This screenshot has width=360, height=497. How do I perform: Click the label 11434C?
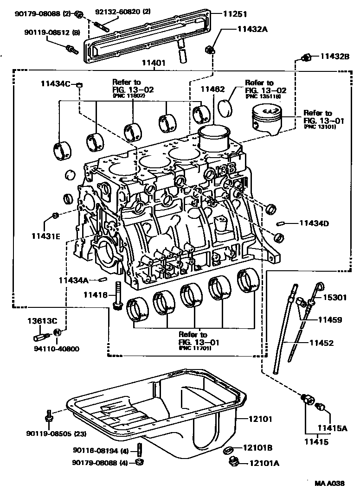[x=55, y=83]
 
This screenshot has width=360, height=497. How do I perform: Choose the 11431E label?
[x=46, y=236]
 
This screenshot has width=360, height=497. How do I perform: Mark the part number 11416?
[x=96, y=295]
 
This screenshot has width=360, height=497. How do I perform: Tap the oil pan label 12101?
[x=260, y=419]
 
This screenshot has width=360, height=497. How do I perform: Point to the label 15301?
[x=334, y=298]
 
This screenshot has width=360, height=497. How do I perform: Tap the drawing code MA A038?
[x=329, y=483]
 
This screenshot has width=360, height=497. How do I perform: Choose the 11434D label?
[x=314, y=223]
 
